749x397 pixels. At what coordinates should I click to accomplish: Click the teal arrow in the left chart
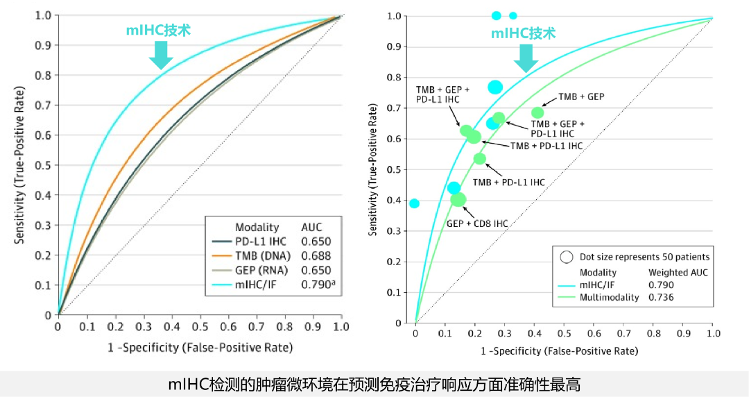(161, 55)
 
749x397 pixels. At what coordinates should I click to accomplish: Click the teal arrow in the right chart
(526, 58)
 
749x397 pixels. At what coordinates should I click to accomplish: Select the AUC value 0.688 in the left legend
(316, 255)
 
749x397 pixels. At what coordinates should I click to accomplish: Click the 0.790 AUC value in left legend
(317, 284)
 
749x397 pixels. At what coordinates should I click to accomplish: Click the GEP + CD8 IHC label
(477, 223)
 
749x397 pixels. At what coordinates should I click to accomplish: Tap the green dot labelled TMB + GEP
(537, 112)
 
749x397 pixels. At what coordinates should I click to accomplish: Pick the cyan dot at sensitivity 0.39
(414, 203)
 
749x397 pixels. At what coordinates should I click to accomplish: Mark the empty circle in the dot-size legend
(567, 257)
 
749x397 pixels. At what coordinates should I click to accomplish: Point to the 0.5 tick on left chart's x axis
(199, 326)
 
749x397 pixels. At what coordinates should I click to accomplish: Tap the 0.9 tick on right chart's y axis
(395, 47)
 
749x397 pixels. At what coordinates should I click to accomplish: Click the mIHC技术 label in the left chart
(158, 30)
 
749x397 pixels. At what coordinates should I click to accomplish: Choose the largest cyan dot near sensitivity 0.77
(494, 87)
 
